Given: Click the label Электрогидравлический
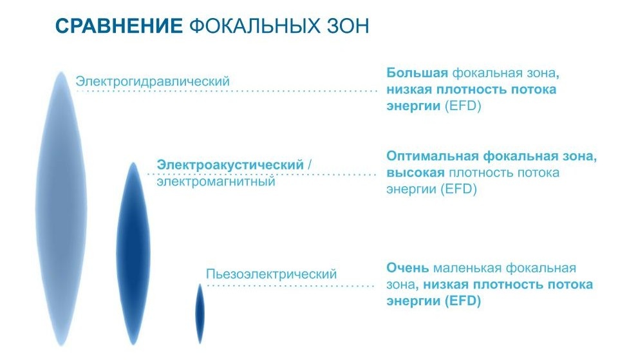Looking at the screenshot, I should pyautogui.click(x=153, y=82).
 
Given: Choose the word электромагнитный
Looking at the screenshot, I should pyautogui.click(x=216, y=182).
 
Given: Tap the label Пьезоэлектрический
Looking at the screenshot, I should pyautogui.click(x=271, y=274).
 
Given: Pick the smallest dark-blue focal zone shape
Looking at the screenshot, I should pyautogui.click(x=200, y=313).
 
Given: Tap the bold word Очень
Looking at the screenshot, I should pyautogui.click(x=407, y=268).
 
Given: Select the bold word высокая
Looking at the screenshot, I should pyautogui.click(x=415, y=173).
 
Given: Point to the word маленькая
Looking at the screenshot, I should pyautogui.click(x=469, y=268).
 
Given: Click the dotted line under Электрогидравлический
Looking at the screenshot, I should pyautogui.click(x=225, y=91).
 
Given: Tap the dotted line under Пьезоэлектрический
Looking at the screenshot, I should pyautogui.click(x=290, y=285).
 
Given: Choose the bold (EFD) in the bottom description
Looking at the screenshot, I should pyautogui.click(x=462, y=301).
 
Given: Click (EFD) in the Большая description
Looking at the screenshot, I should pyautogui.click(x=464, y=106).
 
